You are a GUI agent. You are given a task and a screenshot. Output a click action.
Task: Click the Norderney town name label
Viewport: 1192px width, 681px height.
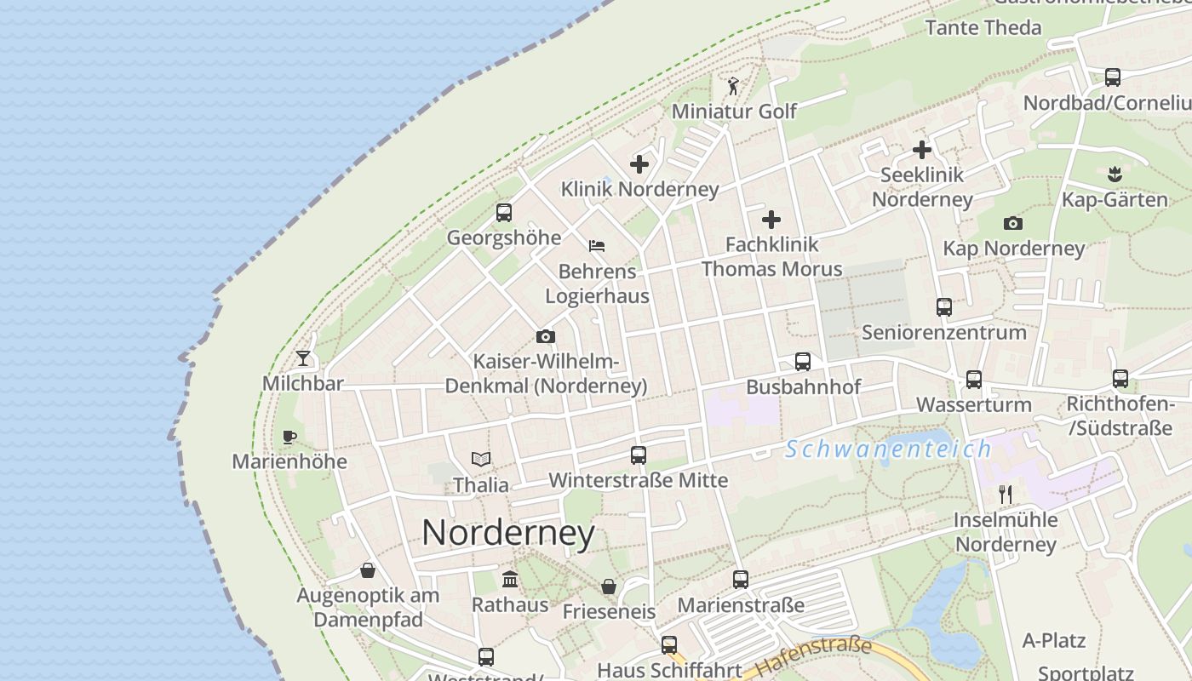click(x=508, y=533)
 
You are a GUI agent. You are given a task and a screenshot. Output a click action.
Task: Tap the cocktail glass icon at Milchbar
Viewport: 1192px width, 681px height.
click(x=303, y=358)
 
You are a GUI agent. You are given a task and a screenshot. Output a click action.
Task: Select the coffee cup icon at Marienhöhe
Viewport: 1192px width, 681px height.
click(x=289, y=437)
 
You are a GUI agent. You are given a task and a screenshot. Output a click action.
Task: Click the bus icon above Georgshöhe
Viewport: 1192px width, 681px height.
click(x=504, y=212)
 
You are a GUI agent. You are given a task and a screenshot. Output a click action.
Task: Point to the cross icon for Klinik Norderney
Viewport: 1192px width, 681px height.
click(x=639, y=164)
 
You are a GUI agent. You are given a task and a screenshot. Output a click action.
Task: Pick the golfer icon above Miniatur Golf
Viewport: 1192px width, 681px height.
click(x=733, y=86)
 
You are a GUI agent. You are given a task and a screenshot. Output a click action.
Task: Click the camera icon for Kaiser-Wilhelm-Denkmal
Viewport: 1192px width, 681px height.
click(x=546, y=336)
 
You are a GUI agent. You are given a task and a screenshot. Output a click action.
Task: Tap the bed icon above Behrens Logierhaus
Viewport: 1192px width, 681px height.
click(x=597, y=246)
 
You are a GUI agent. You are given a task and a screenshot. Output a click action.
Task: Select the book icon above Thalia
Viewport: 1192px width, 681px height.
click(x=481, y=460)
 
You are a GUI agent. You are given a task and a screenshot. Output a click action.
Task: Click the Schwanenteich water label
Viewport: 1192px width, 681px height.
click(x=889, y=449)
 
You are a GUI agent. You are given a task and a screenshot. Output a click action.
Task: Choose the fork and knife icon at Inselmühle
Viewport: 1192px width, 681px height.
click(x=1006, y=495)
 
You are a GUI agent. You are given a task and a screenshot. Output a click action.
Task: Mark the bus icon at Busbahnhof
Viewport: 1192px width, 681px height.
click(x=803, y=362)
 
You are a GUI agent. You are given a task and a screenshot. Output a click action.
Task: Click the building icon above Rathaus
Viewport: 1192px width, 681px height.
click(x=510, y=580)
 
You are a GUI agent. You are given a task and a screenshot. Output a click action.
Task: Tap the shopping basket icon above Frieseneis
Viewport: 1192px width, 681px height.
click(x=609, y=587)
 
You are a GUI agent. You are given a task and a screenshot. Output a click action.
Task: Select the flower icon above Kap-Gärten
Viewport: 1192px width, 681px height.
click(x=1115, y=175)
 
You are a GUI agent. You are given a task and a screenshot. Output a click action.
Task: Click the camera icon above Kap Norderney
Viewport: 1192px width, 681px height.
click(x=1013, y=223)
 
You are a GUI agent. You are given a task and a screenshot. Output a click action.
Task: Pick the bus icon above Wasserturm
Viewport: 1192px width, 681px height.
click(x=974, y=380)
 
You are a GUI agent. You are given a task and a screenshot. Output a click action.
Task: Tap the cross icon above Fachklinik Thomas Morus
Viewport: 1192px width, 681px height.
click(x=771, y=220)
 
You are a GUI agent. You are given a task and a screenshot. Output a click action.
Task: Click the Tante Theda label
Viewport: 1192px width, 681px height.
click(x=983, y=27)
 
